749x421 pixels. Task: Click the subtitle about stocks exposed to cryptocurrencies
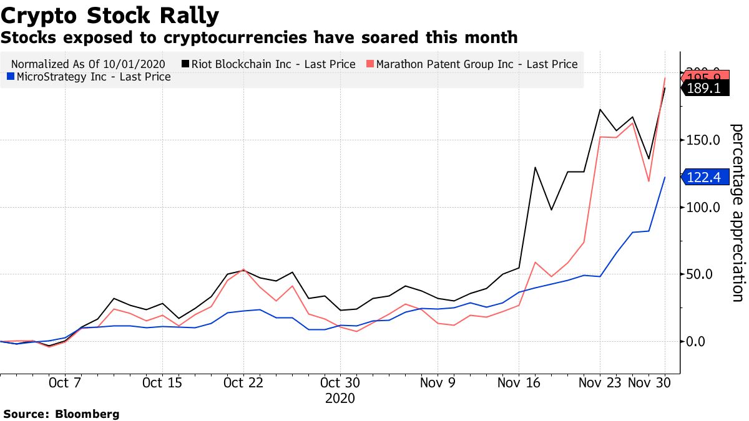(259, 37)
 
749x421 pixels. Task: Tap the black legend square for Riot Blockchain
(185, 64)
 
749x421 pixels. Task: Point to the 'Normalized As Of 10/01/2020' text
(91, 64)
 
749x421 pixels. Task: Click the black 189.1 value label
(703, 89)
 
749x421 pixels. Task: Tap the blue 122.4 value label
(703, 178)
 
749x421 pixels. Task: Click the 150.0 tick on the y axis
(704, 140)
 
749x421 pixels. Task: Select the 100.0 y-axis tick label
(704, 207)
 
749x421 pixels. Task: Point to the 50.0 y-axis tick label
(704, 274)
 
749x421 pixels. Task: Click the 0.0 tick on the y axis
(704, 341)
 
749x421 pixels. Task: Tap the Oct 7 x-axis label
(66, 383)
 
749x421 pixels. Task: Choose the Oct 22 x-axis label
(243, 383)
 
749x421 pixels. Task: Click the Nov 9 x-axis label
(438, 383)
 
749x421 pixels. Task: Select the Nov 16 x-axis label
(519, 383)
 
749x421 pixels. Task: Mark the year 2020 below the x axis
(340, 397)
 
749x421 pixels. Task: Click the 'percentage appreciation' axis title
(737, 213)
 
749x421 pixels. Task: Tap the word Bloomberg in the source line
(87, 414)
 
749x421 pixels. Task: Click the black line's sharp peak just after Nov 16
(535, 167)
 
